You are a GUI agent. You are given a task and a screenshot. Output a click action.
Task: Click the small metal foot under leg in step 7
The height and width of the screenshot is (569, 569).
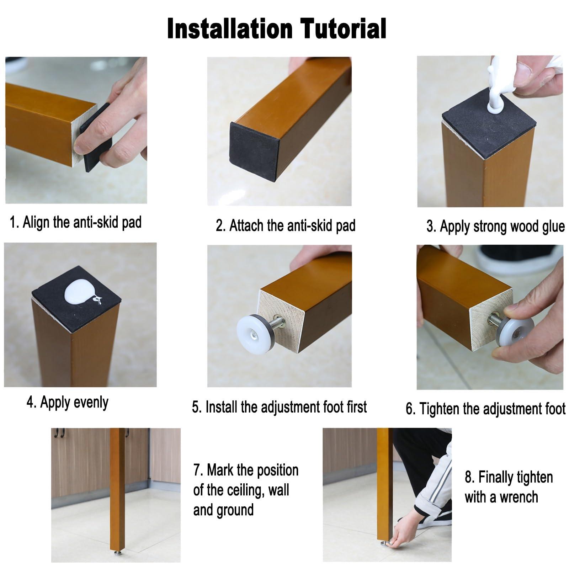tap(117, 553)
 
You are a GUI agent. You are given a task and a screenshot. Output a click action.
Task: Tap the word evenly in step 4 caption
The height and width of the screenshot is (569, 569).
tap(91, 403)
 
